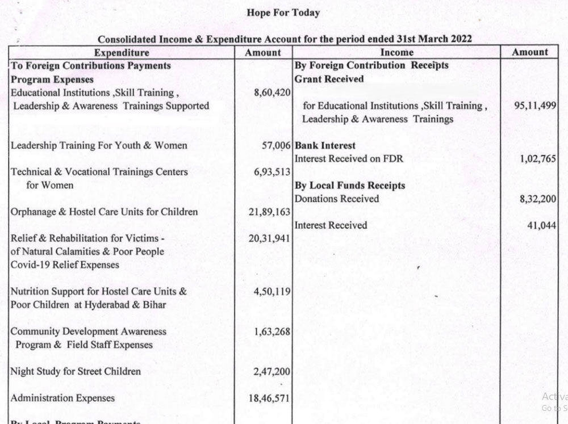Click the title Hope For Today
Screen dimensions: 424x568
pos(283,12)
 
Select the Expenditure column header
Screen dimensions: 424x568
pos(122,53)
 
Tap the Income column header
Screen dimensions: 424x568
pos(396,53)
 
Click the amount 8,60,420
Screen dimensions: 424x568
pos(272,93)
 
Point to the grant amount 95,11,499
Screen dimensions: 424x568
pos(535,106)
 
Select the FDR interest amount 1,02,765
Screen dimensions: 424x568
pos(537,159)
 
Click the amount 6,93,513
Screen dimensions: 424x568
pos(272,172)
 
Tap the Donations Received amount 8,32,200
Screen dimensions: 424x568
pos(537,199)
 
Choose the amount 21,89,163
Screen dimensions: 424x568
pos(270,212)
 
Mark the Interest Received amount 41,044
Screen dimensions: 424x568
pos(541,225)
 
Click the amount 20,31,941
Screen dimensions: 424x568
pos(270,238)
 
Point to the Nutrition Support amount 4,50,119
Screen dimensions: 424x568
pos(272,292)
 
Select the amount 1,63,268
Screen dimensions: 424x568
pos(272,331)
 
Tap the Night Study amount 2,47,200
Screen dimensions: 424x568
pos(272,372)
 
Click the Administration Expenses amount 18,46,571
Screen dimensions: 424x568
pos(270,398)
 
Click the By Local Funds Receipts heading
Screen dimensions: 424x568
pos(350,186)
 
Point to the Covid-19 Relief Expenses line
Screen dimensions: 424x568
pos(65,265)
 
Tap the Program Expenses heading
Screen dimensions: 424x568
pos(52,79)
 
